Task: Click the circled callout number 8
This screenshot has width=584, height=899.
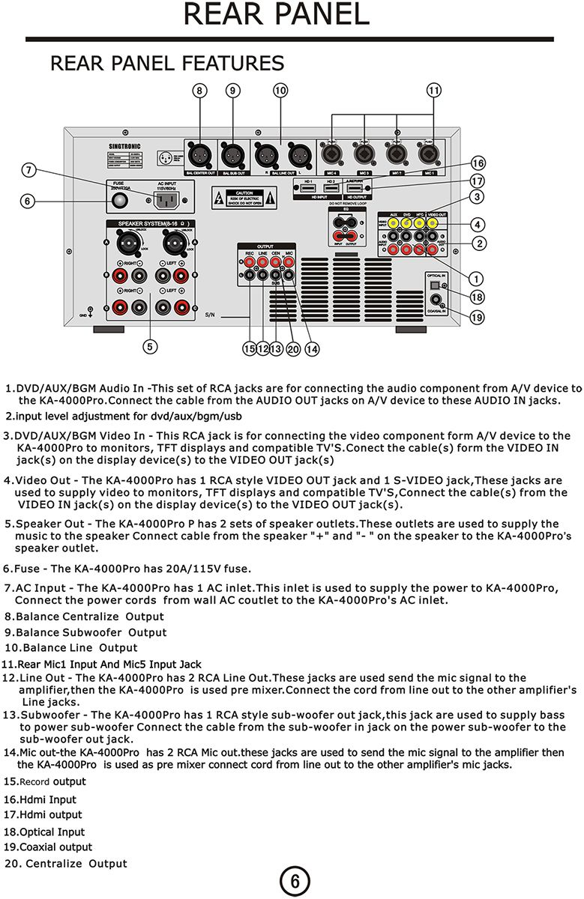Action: pyautogui.click(x=199, y=91)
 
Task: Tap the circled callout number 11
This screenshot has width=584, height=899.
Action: pyautogui.click(x=433, y=91)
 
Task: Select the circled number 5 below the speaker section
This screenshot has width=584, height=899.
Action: pyautogui.click(x=151, y=346)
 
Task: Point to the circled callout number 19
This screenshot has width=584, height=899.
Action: pyautogui.click(x=476, y=317)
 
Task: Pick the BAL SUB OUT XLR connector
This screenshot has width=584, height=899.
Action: pyautogui.click(x=232, y=156)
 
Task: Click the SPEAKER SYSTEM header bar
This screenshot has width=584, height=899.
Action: pyautogui.click(x=151, y=223)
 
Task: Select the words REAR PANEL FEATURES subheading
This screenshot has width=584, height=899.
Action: pyautogui.click(x=167, y=63)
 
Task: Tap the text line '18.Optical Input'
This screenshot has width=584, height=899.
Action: pyautogui.click(x=44, y=832)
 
